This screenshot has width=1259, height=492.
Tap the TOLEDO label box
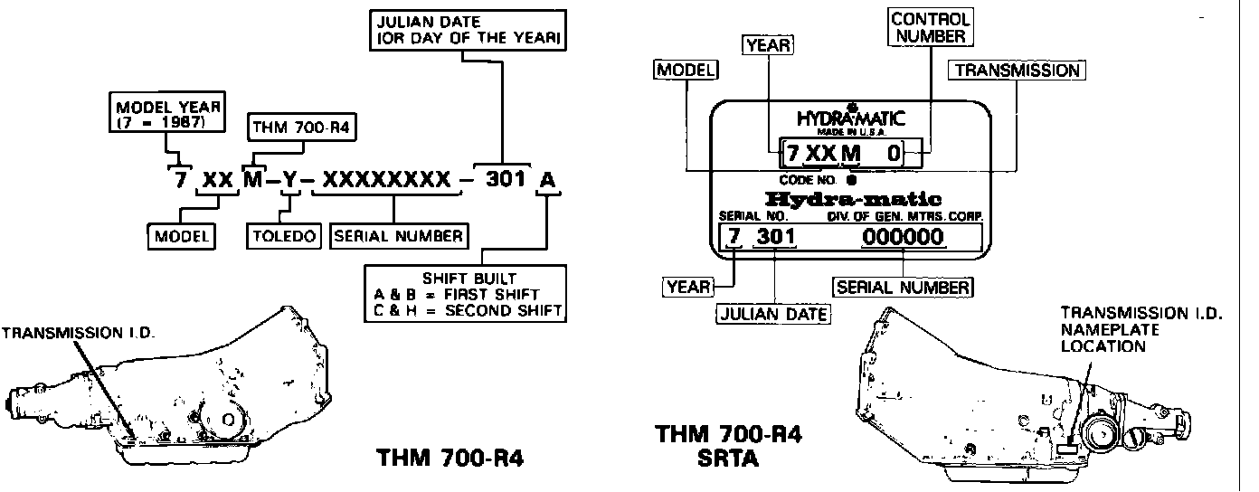(x=285, y=237)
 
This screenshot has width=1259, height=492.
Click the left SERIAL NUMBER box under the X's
(x=400, y=237)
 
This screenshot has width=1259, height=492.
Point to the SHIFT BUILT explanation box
(x=465, y=292)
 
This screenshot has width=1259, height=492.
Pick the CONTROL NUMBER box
(x=929, y=27)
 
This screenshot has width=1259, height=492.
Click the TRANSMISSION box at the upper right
(x=1017, y=70)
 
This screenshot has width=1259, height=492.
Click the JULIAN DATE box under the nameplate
(x=772, y=313)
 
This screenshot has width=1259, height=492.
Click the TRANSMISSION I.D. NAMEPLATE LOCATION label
(x=1141, y=329)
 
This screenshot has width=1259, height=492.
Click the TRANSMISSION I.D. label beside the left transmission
(x=80, y=332)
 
